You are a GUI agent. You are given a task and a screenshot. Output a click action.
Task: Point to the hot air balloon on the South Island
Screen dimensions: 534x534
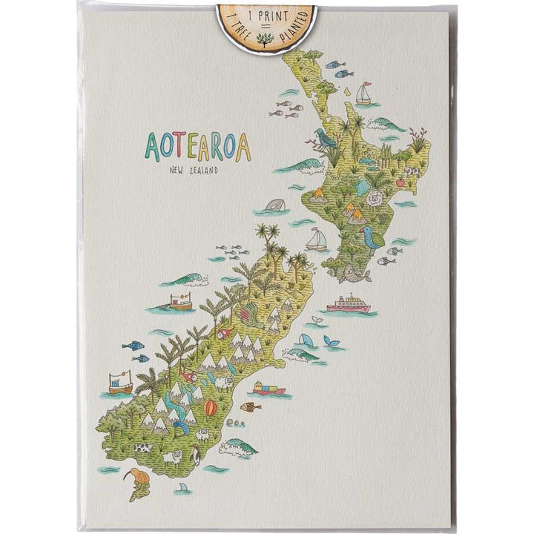coord(211,409)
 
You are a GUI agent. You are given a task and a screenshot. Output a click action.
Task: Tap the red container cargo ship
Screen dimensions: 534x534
coord(268,388)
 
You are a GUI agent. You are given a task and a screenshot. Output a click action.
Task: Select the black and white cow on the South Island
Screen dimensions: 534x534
coord(142,448)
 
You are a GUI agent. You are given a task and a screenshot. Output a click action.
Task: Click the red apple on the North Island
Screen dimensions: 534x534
coord(400,181)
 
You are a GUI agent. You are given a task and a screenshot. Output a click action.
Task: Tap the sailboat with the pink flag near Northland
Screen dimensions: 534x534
coord(363,93)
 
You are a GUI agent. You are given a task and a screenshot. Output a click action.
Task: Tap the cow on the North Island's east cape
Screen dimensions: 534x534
coord(413,172)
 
